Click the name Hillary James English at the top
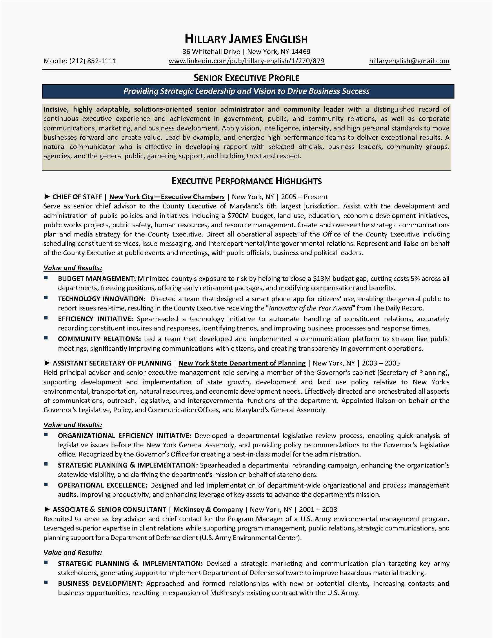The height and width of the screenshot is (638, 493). tap(246, 39)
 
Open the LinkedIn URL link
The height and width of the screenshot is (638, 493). tap(246, 61)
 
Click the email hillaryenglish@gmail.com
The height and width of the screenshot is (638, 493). tap(409, 61)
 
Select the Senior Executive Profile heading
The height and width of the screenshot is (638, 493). tap(246, 78)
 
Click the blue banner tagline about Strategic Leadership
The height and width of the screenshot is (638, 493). tap(246, 91)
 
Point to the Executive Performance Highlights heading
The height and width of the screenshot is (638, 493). tap(246, 181)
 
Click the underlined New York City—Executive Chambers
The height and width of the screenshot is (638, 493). tap(167, 197)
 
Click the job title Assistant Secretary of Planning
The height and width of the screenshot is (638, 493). tap(112, 363)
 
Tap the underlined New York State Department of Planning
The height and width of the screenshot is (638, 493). tap(242, 363)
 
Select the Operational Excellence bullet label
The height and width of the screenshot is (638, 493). tap(102, 485)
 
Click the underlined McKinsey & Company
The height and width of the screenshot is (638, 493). tap(208, 510)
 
